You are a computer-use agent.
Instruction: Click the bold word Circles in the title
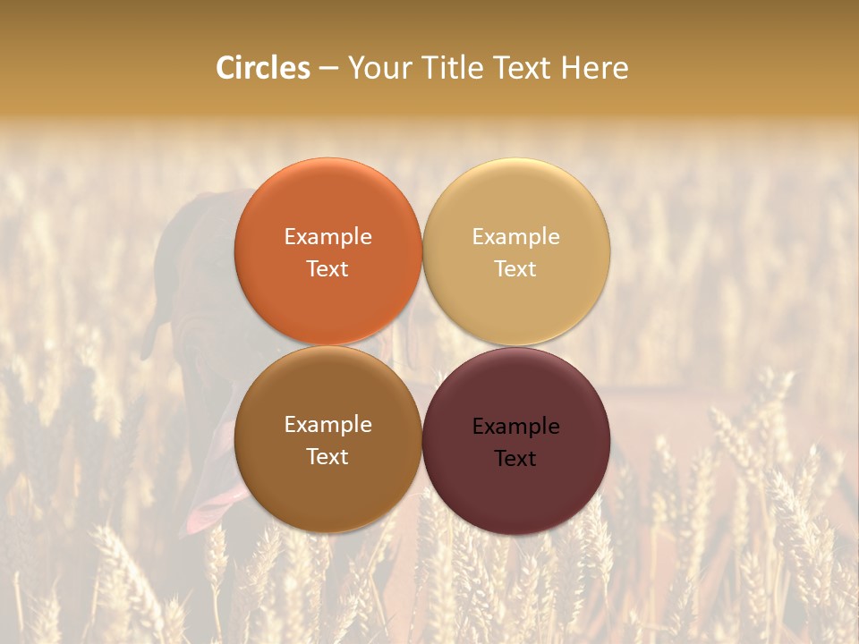click(x=263, y=68)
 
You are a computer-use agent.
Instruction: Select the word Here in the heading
click(x=595, y=68)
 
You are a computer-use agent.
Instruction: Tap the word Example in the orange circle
click(x=327, y=237)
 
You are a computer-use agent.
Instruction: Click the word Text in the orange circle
click(x=327, y=269)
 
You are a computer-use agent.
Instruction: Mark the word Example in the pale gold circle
click(x=515, y=237)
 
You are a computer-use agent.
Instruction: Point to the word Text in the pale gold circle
click(x=515, y=269)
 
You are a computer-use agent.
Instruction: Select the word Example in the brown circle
click(x=327, y=425)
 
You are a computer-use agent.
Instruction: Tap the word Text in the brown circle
click(x=327, y=457)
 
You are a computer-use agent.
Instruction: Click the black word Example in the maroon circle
click(x=515, y=427)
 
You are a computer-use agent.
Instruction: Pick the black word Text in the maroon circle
click(x=515, y=459)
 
